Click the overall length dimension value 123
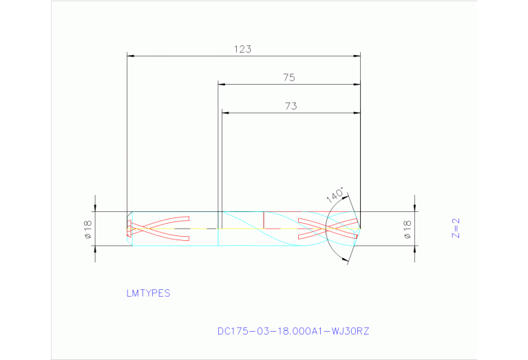(242, 50)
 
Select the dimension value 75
(289, 78)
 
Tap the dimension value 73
(291, 106)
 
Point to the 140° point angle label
(335, 196)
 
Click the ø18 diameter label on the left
(88, 229)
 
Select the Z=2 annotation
(454, 228)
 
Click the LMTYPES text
(148, 293)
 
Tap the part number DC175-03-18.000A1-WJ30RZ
(293, 331)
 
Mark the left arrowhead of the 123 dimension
(131, 56)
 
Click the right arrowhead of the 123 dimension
(357, 56)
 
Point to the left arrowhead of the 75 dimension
(222, 85)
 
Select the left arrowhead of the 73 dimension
(224, 113)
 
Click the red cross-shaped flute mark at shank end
(158, 228)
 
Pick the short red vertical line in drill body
(264, 220)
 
